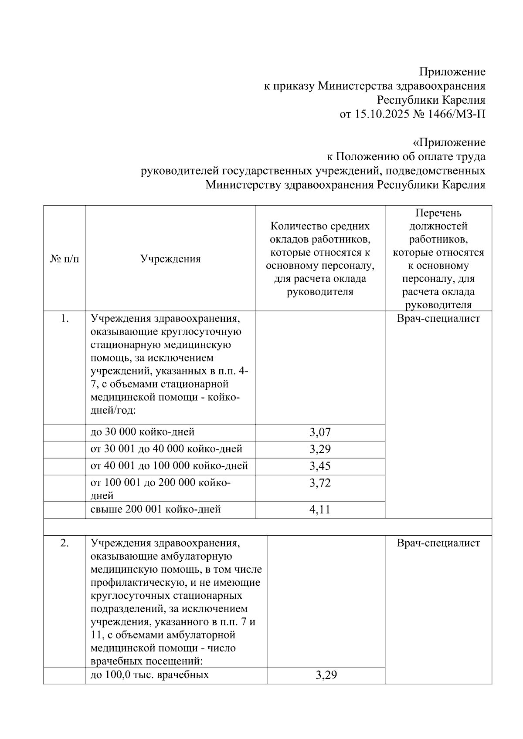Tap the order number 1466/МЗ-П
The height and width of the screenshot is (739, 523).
458,115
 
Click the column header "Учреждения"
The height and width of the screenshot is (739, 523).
170,259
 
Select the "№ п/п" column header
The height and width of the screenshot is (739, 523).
65,259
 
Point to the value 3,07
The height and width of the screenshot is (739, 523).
320,432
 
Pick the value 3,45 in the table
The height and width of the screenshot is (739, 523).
320,466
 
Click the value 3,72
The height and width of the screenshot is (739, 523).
320,483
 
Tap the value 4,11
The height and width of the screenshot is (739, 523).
320,510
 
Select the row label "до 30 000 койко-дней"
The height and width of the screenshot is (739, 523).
143,432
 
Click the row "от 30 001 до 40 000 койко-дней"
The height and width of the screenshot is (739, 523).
166,449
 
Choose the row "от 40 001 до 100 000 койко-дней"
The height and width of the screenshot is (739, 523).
169,466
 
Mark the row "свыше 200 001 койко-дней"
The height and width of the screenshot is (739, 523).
156,509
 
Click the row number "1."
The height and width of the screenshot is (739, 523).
65,319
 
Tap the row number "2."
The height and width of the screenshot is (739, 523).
65,543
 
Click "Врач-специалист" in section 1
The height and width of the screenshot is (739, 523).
438,319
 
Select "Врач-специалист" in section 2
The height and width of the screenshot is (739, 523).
438,543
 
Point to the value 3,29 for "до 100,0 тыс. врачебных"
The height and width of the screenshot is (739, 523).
326,675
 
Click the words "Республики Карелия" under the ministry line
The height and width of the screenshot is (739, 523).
431,100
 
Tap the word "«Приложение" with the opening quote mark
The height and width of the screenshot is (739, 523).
449,143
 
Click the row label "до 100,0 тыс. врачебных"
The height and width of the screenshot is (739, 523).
149,675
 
